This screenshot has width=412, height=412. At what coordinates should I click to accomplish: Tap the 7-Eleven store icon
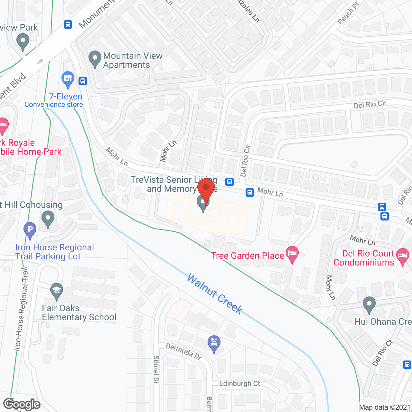[68, 79]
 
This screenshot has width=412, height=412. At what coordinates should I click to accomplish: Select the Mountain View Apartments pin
[95, 59]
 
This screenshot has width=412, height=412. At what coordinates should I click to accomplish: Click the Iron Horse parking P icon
[30, 230]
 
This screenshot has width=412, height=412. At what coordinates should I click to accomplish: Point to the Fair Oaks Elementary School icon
[57, 291]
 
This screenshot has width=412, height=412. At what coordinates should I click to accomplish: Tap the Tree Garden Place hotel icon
[292, 254]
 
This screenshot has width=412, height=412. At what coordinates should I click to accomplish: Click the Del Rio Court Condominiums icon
[403, 256]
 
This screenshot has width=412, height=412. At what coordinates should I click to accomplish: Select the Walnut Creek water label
[215, 294]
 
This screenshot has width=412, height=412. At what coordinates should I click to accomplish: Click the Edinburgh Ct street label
[239, 383]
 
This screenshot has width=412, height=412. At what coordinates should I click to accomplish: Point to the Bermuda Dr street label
[184, 351]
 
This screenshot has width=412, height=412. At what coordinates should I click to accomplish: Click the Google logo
[22, 404]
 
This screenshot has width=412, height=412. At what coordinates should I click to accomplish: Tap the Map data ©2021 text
[385, 407]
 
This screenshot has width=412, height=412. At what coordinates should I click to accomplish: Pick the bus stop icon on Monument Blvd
[68, 24]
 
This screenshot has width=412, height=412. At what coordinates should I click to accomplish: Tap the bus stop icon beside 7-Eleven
[83, 81]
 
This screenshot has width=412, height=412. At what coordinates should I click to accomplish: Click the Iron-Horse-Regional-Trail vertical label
[22, 309]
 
